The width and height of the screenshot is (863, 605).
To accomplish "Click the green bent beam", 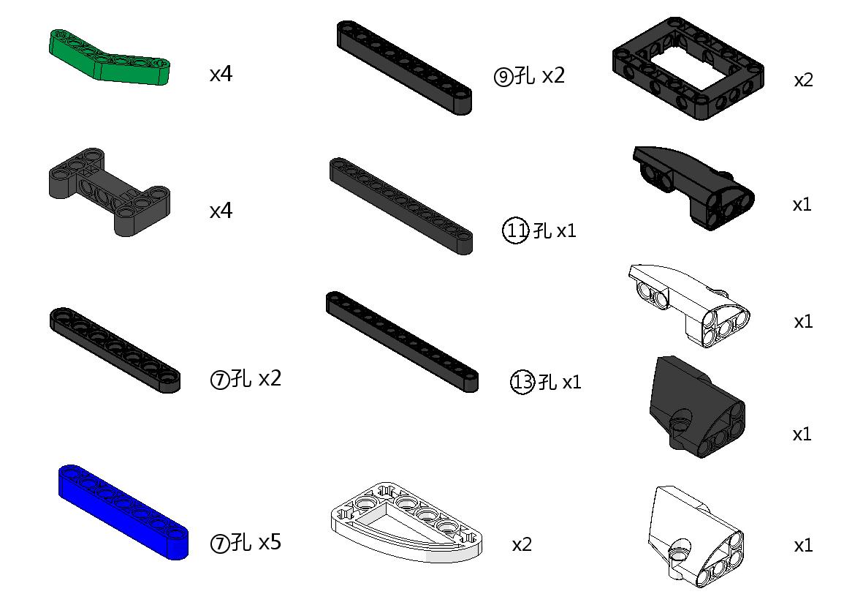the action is pos(110,61).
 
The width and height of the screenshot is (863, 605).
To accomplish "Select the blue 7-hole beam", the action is pos(123,512).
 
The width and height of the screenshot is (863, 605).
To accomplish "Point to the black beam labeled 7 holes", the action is pos(115,350).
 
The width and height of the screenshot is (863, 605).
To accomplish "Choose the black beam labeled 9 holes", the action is pos(405,68).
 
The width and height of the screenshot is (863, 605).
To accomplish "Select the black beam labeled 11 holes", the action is pos(401,206).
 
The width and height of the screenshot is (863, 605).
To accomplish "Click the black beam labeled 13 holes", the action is pos(403,342).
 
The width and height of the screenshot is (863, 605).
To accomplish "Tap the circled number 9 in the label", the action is pos(503,77).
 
